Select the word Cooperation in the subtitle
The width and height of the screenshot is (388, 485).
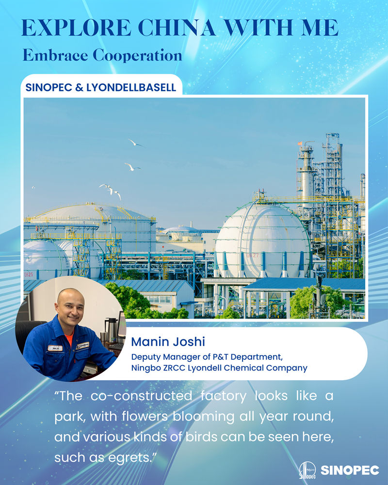[x=137, y=55]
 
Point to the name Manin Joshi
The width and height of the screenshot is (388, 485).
[x=168, y=342]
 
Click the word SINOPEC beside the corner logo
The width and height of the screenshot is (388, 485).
[x=350, y=470]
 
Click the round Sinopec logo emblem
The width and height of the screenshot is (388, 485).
[x=307, y=470]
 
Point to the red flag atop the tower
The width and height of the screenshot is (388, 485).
[x=300, y=144]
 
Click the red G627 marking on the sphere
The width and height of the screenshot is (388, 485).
[x=253, y=256]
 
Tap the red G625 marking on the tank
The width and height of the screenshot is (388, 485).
[x=29, y=275]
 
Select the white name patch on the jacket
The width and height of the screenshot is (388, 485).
[x=55, y=348]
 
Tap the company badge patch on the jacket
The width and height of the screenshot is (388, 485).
[x=83, y=345]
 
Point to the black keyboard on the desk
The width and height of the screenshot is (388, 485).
[x=115, y=346]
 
